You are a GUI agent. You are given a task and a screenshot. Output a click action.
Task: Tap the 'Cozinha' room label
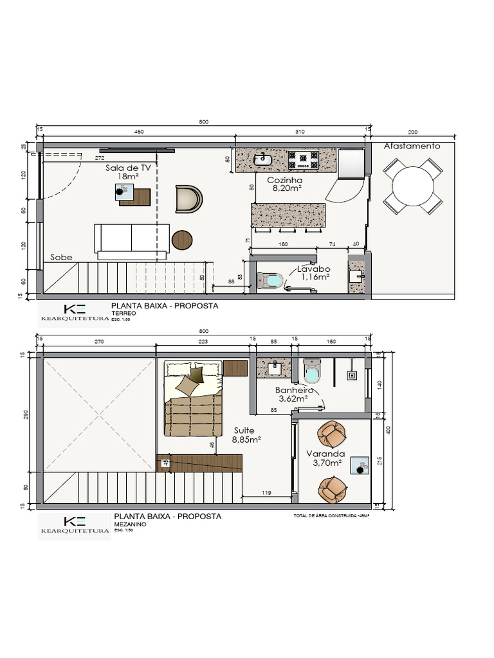point(284,181)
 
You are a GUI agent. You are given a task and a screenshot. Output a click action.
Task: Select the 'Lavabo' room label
point(313,270)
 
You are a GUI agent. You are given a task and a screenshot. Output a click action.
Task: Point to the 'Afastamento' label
point(412,146)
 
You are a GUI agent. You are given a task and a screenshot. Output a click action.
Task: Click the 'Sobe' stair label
point(61,257)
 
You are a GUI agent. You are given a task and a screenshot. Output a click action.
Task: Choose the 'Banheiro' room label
point(294,390)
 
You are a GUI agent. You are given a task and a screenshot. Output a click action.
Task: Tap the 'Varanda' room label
point(329,454)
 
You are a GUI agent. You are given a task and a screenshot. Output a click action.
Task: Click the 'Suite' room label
point(244,431)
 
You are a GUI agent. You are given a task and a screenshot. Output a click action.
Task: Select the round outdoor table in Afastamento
point(412,186)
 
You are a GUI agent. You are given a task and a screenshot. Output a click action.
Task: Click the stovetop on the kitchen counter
point(303,159)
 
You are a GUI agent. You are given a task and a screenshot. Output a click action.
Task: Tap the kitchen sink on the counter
point(264,158)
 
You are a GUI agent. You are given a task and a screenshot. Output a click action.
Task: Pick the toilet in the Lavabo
point(270,281)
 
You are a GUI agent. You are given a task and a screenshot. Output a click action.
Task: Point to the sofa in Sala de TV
point(132,238)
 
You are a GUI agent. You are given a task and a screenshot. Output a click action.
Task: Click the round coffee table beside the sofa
point(182,240)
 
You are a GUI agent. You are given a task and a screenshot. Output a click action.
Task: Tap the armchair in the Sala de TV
point(188,199)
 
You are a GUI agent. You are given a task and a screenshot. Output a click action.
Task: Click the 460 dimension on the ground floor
point(138,132)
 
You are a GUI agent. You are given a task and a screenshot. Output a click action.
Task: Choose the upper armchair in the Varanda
point(334,434)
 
